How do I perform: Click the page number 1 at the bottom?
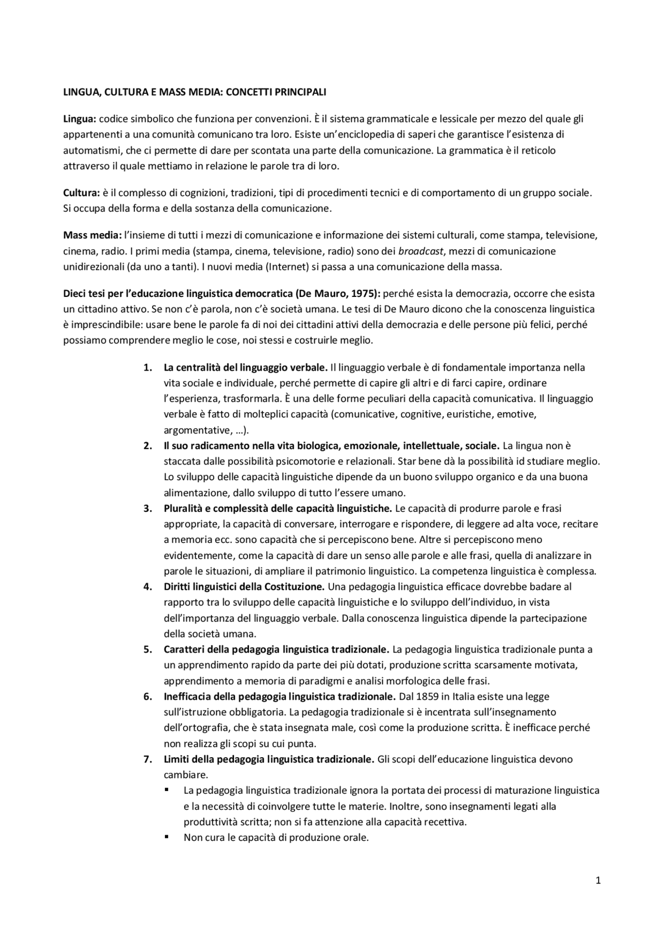[x=598, y=880]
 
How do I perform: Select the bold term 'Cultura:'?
[x=81, y=193]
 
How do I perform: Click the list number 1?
[x=147, y=367]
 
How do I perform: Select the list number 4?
[x=147, y=587]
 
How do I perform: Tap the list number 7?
[x=147, y=759]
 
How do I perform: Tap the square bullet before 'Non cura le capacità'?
[x=167, y=837]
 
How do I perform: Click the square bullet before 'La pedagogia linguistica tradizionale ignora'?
[x=167, y=790]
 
